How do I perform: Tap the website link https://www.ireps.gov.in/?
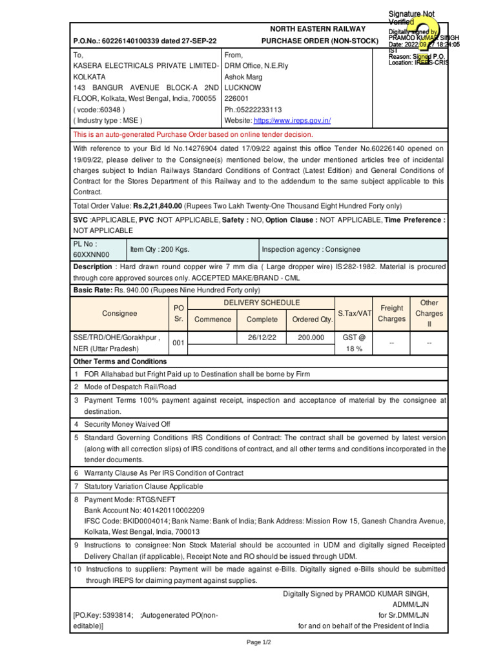pos(293,121)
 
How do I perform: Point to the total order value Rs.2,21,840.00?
pos(158,206)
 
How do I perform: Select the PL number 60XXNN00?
pos(92,255)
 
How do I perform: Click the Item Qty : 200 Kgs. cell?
pos(160,249)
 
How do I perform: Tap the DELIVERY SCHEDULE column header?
pos(261,303)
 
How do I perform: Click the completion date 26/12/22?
pos(262,337)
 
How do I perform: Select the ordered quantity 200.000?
pos(311,337)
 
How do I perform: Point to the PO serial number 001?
pos(178,343)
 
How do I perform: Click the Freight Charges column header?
pos(392,314)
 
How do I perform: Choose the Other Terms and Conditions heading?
pos(120,361)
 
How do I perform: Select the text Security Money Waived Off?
pos(127,424)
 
